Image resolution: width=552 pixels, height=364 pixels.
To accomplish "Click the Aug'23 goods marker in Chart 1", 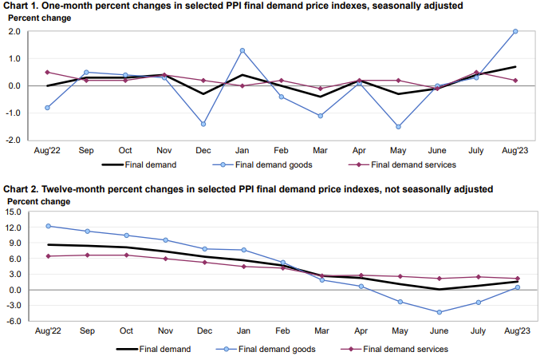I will point(515,31).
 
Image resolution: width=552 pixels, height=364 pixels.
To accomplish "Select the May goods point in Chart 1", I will point(398,126).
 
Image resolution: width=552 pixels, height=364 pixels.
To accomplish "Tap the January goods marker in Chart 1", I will point(242,50).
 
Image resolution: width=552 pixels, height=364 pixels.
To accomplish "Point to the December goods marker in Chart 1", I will point(203,124).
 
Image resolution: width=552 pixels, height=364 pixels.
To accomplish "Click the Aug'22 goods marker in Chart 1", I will point(48,107).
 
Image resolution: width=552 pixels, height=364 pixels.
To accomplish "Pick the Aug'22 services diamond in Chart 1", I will point(48,72).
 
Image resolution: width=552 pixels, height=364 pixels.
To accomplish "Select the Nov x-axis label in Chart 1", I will point(164,151).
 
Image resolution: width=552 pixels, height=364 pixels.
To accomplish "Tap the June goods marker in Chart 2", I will point(439,312).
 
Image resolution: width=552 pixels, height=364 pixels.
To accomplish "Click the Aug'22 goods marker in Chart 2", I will point(48,226).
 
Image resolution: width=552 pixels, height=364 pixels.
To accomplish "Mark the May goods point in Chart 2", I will point(400,302).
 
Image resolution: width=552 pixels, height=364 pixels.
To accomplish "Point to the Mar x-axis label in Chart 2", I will point(321,330).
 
